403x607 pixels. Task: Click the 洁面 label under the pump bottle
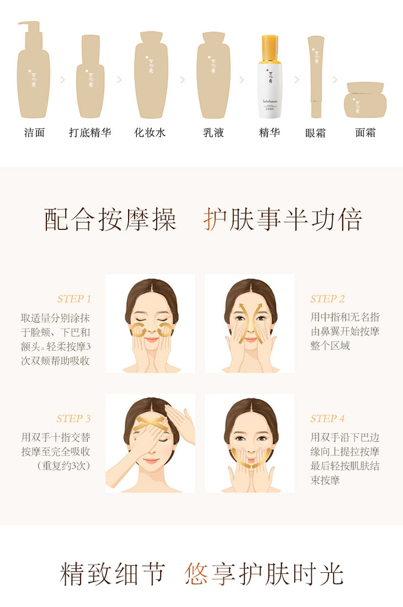tap(34, 133)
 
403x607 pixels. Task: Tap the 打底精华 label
tap(90, 133)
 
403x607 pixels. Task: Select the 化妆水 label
tap(150, 133)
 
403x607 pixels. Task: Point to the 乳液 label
tap(214, 133)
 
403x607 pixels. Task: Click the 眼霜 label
tap(315, 133)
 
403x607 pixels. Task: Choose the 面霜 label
tap(365, 133)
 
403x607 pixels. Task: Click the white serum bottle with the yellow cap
tap(270, 77)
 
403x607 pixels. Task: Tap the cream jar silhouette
tap(365, 100)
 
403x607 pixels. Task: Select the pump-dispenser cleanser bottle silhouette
tap(33, 69)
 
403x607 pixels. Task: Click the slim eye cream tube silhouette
tap(316, 77)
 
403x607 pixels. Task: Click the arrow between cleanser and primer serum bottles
tap(63, 79)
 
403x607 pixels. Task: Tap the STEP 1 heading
tap(74, 299)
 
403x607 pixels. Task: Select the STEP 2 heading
tap(327, 299)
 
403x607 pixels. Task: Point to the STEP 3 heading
tap(73, 418)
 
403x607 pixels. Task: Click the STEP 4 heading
tap(327, 418)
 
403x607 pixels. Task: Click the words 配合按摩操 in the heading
tap(110, 219)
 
